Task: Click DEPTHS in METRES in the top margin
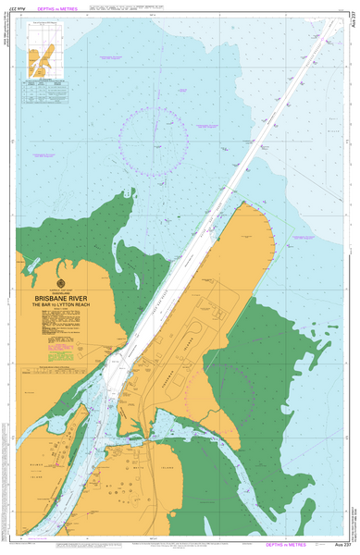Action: [53, 10]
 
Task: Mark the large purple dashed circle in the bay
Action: [154, 138]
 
